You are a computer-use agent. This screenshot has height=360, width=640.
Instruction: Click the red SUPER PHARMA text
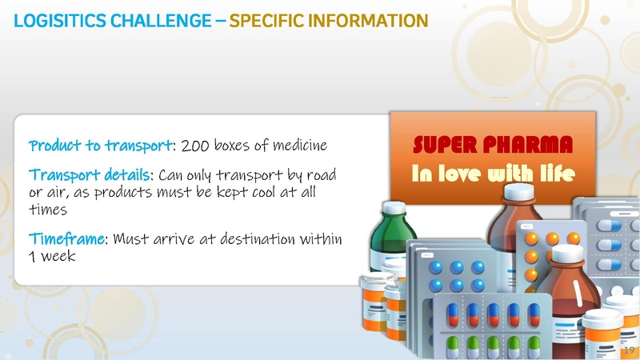[x=493, y=145]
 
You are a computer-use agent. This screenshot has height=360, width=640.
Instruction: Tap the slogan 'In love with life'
[x=493, y=173]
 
